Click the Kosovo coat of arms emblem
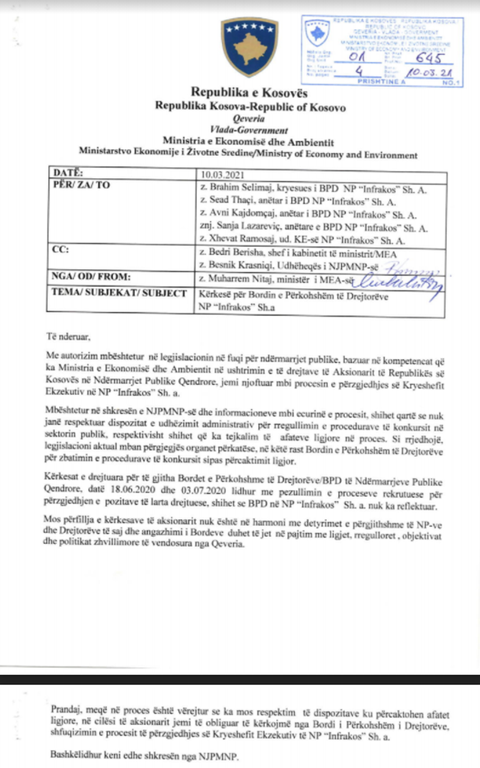(x=249, y=47)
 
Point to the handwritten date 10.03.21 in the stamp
(x=429, y=73)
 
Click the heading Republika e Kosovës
(x=249, y=93)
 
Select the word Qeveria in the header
(x=249, y=119)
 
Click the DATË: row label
(x=68, y=173)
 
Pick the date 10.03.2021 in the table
(x=222, y=175)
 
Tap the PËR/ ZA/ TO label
(x=81, y=185)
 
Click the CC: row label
(x=60, y=249)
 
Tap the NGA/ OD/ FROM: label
(x=91, y=277)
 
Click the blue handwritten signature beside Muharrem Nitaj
(x=399, y=281)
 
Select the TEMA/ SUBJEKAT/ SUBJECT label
(x=119, y=293)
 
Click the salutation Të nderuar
(x=68, y=336)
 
